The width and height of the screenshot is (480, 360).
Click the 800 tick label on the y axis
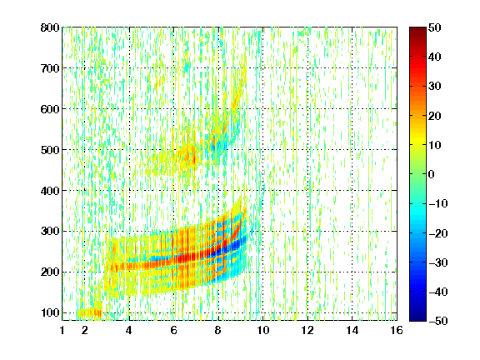[50, 27]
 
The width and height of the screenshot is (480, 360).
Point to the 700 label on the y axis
[50, 68]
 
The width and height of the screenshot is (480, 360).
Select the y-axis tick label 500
[50, 150]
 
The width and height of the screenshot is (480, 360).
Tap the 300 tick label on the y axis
[50, 232]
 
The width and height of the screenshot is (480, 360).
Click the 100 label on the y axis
[50, 312]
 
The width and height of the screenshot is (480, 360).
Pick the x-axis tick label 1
[62, 330]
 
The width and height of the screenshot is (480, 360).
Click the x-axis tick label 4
[129, 330]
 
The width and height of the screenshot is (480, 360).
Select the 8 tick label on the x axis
[218, 330]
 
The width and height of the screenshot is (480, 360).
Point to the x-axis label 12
[307, 330]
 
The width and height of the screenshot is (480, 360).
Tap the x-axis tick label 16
[397, 330]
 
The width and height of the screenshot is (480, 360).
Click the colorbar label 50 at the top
[435, 27]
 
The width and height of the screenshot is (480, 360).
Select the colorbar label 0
[432, 174]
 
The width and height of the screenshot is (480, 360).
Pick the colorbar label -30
[438, 262]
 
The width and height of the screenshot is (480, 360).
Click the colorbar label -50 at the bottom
[438, 321]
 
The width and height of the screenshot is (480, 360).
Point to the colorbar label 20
[435, 116]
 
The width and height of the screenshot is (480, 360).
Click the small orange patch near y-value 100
[89, 312]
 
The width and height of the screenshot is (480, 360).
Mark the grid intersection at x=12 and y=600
[307, 109]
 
